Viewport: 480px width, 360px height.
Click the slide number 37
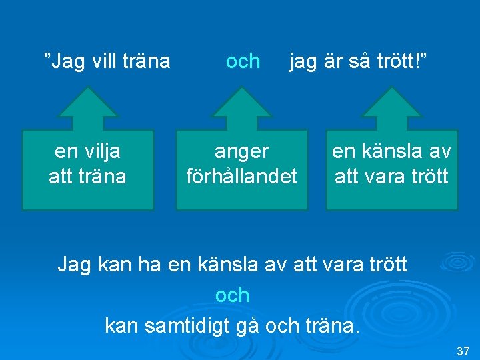click(463, 351)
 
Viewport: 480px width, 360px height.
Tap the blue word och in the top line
click(243, 61)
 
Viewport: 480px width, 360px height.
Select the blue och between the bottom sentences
click(233, 295)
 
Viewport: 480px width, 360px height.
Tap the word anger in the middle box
click(241, 151)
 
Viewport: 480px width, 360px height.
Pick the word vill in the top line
click(104, 61)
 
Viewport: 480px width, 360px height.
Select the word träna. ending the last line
click(330, 327)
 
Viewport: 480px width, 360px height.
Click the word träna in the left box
click(103, 177)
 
